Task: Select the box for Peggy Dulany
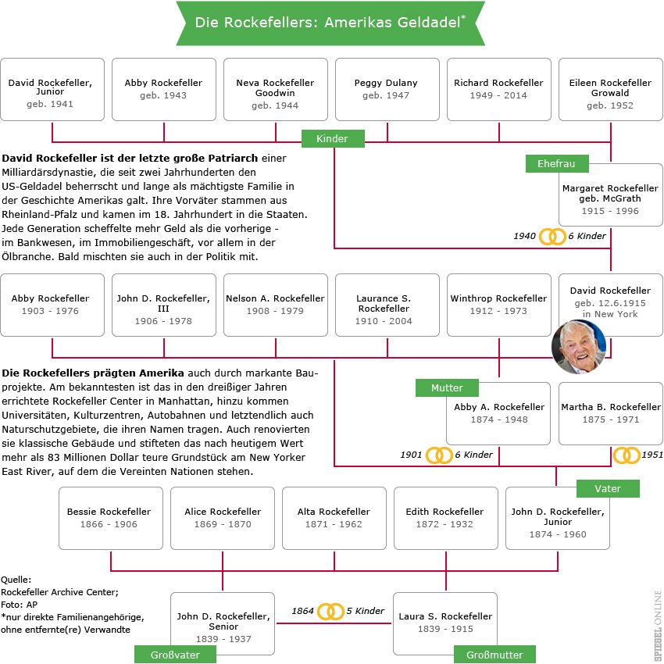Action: point(386,89)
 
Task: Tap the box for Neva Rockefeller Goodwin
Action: point(275,89)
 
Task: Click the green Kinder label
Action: point(334,139)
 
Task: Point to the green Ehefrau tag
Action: point(557,164)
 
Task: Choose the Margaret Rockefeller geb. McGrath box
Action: point(610,199)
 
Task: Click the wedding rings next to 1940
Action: point(552,236)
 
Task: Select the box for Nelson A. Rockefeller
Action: point(275,305)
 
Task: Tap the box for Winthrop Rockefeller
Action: point(498,305)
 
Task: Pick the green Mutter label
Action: point(447,387)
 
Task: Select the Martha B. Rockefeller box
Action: point(610,414)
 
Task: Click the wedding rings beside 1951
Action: point(626,455)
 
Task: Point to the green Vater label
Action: point(608,489)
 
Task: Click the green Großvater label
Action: point(174,655)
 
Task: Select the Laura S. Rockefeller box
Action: point(444,623)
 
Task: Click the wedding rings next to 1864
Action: point(331,611)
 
